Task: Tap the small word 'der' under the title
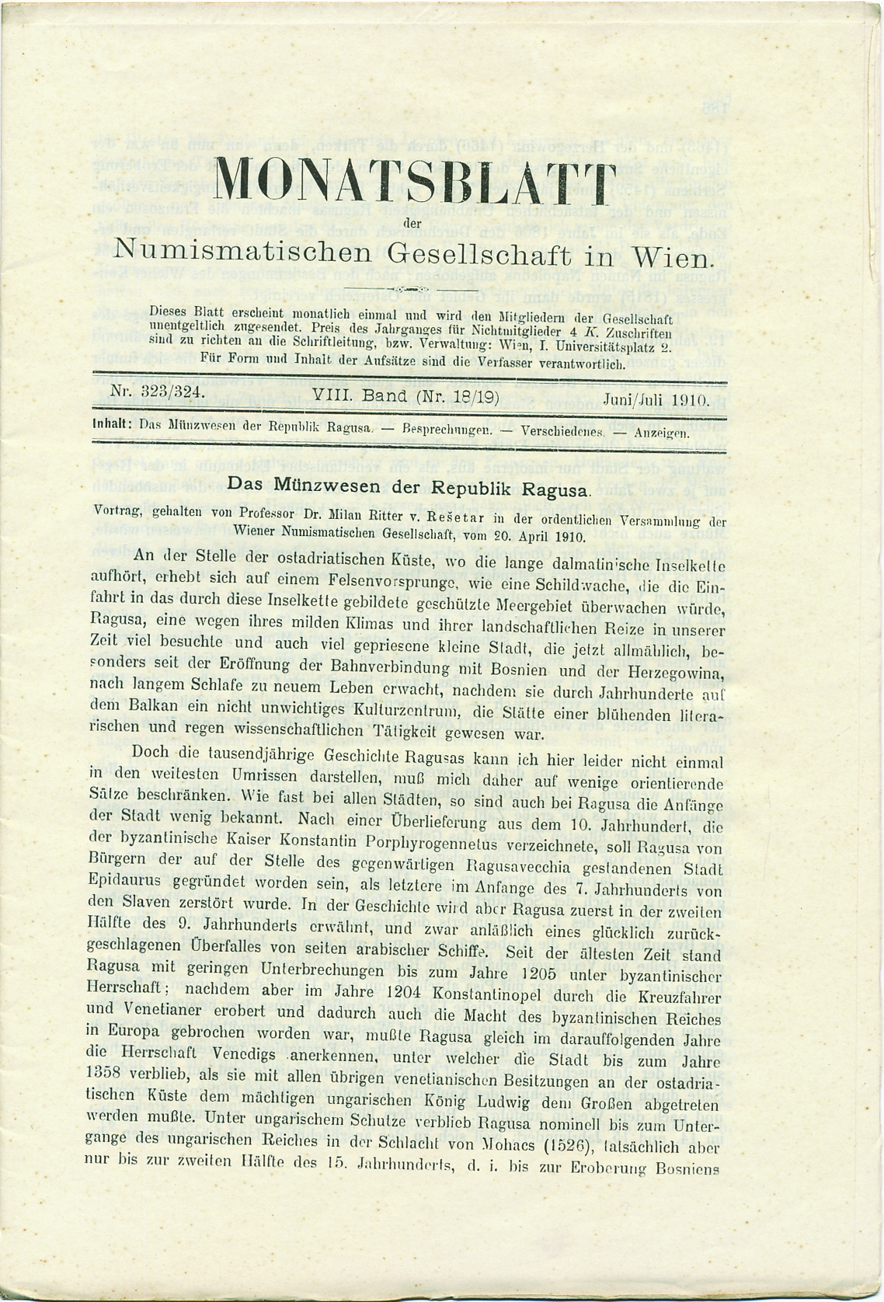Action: pos(412,226)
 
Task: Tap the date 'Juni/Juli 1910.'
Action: pos(656,400)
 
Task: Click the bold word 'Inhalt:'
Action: pos(113,425)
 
